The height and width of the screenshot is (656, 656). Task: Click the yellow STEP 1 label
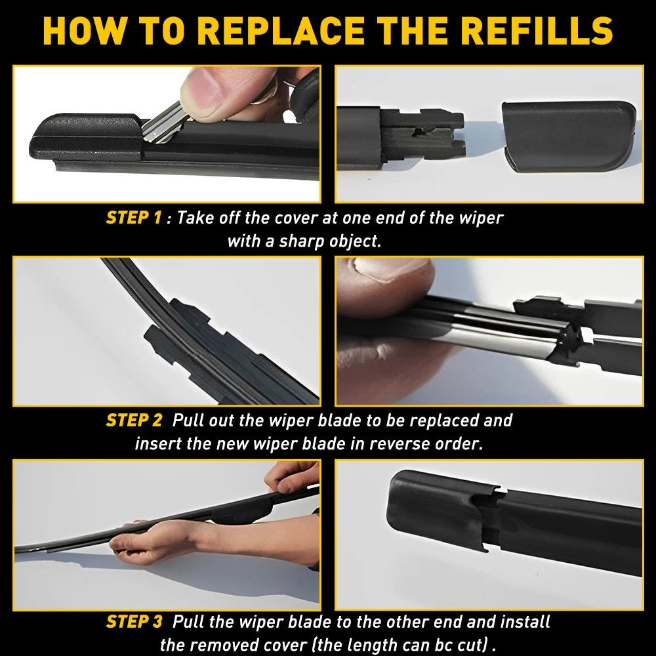pyautogui.click(x=133, y=218)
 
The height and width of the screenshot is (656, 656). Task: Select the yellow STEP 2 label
pyautogui.click(x=133, y=420)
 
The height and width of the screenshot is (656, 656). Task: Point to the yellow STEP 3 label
pyautogui.click(x=133, y=621)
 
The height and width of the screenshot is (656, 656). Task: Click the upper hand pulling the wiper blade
pyautogui.click(x=295, y=479)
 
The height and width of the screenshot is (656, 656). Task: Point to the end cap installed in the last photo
pyautogui.click(x=433, y=512)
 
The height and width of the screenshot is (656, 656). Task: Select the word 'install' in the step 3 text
pyautogui.click(x=524, y=621)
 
